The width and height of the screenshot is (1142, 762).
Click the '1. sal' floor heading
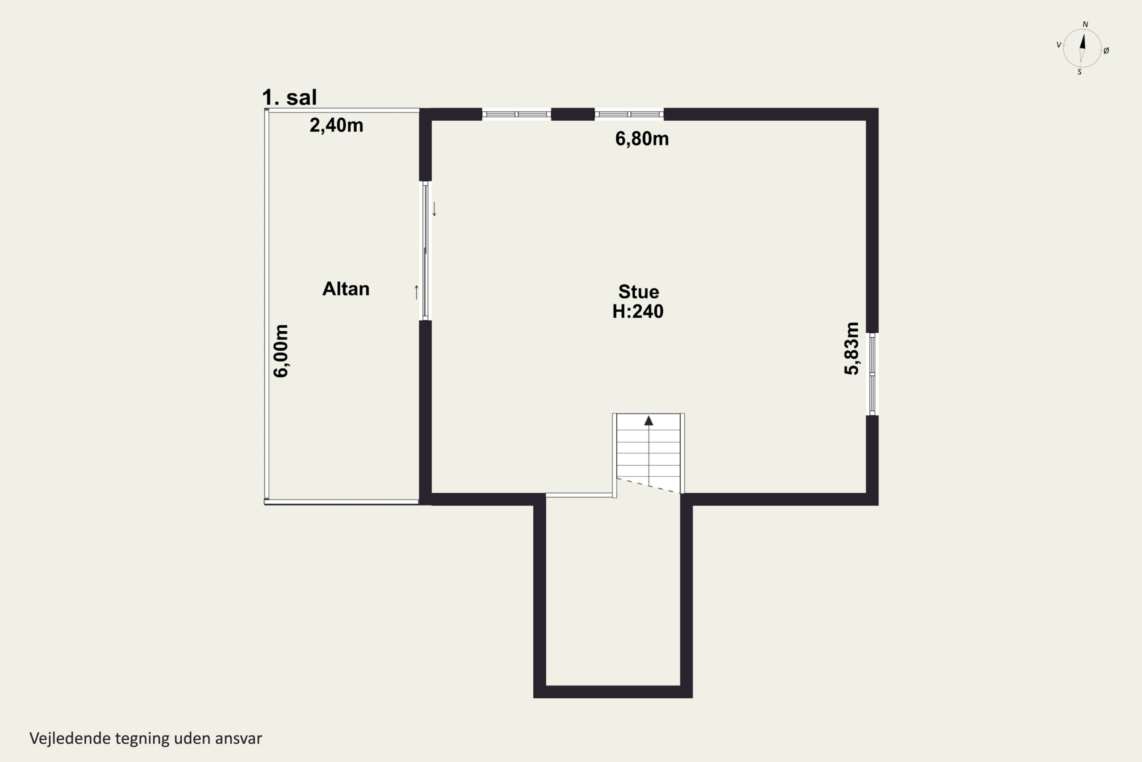[x=289, y=97]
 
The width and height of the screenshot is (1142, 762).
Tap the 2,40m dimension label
[x=337, y=125]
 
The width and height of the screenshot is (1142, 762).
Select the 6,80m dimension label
[x=642, y=139]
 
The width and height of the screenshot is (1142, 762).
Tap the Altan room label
[x=346, y=289]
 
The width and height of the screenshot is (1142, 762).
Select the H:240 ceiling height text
[x=638, y=311]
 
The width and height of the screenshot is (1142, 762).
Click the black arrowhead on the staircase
[x=649, y=421]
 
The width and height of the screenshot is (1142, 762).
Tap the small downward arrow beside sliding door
[x=435, y=209]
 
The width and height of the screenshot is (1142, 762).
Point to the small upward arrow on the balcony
[x=416, y=292]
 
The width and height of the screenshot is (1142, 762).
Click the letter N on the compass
[x=1085, y=24]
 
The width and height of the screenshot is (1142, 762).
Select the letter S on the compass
[x=1079, y=72]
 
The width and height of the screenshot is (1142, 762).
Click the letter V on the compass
[x=1059, y=45]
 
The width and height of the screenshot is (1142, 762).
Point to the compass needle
[x=1082, y=48]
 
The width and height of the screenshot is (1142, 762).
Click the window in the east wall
[x=872, y=374]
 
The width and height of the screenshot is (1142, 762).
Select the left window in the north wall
[x=517, y=114]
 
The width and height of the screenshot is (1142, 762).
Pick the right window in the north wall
[x=629, y=114]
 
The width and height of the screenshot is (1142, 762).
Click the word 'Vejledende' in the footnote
[x=70, y=738]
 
